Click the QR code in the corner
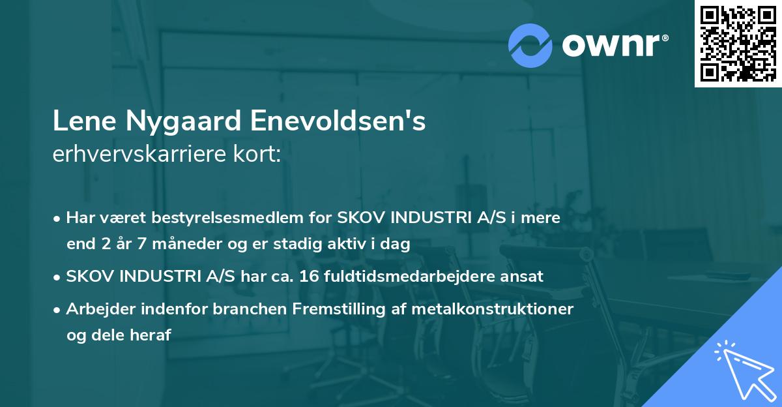(x=738, y=43)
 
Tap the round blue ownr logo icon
(x=530, y=45)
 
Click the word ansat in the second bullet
(x=524, y=276)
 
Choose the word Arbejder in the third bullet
(x=96, y=309)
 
